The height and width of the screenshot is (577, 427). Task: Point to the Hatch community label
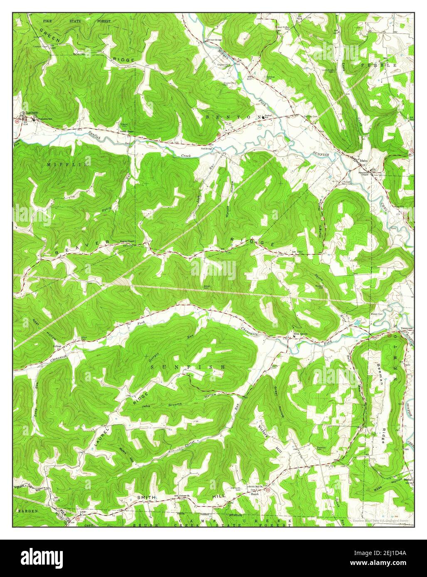254,494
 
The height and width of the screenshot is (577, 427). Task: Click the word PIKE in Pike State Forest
49,20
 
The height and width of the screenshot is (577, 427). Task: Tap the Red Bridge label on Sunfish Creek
207,148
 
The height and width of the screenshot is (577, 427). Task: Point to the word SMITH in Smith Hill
147,497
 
